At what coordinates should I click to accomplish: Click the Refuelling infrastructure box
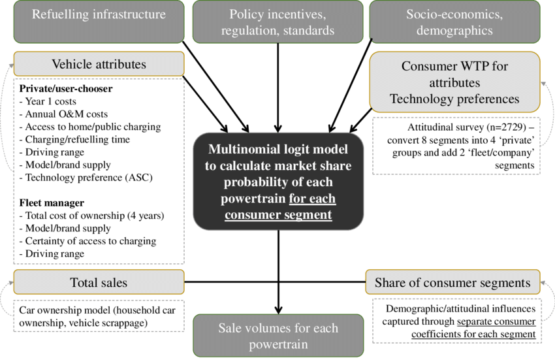(x=99, y=22)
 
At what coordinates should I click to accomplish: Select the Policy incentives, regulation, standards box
(x=278, y=22)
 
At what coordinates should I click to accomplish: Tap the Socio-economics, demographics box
(x=455, y=22)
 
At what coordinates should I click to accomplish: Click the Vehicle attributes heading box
(x=99, y=64)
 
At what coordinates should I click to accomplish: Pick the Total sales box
(x=99, y=282)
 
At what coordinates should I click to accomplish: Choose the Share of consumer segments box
(x=452, y=282)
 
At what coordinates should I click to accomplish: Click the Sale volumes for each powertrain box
(x=278, y=336)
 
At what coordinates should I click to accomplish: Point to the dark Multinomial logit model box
(x=278, y=182)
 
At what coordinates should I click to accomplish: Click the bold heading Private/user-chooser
(x=66, y=89)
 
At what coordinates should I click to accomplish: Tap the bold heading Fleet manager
(x=52, y=203)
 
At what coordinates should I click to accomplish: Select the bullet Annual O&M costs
(x=63, y=114)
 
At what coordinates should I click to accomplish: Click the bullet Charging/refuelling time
(x=74, y=140)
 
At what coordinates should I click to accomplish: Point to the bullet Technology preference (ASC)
(x=86, y=177)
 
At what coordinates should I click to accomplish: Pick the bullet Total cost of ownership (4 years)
(x=91, y=216)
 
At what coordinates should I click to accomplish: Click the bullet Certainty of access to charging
(x=87, y=241)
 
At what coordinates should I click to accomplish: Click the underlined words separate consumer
(x=496, y=321)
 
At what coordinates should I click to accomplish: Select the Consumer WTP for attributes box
(x=455, y=82)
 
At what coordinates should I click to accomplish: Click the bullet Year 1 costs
(x=48, y=101)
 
